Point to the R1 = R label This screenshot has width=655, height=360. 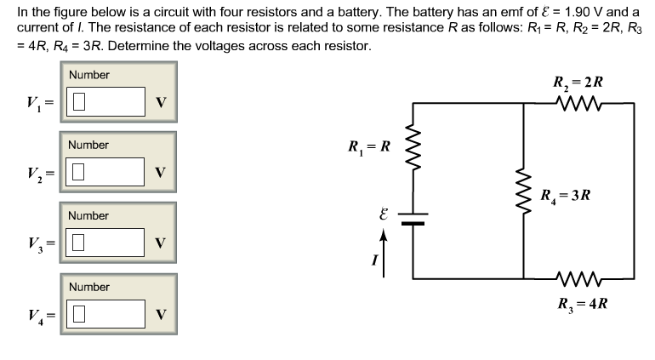click(x=369, y=146)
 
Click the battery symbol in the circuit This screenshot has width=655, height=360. click(x=414, y=218)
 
